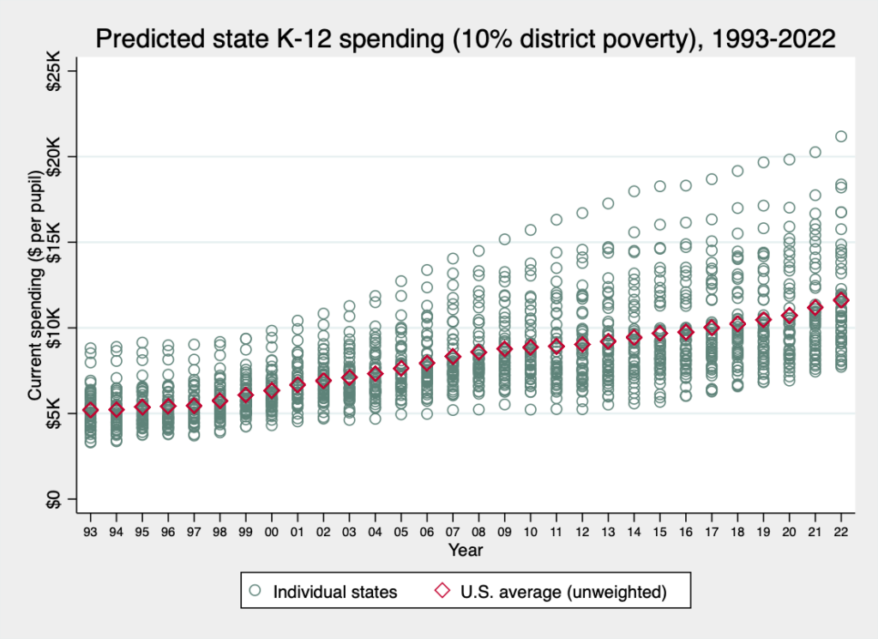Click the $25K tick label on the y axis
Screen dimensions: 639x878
coord(53,70)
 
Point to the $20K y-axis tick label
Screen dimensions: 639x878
coord(53,156)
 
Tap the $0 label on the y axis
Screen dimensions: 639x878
coord(53,499)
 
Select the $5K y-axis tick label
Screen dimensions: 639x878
coord(53,413)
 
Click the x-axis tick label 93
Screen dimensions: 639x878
coord(90,533)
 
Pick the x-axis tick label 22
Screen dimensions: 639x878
coord(841,533)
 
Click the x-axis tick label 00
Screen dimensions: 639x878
coord(272,533)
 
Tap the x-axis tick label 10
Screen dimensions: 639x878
coord(531,533)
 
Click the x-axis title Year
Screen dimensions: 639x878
coord(465,550)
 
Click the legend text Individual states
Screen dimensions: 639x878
coord(334,591)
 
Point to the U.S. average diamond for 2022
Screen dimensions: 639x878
coord(841,299)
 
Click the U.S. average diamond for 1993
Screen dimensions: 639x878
coord(90,410)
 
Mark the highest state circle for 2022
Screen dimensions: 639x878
coord(841,136)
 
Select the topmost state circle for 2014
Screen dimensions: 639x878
coord(634,191)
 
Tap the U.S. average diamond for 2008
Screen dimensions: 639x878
coord(478,353)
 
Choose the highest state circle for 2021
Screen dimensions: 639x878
coord(815,152)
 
